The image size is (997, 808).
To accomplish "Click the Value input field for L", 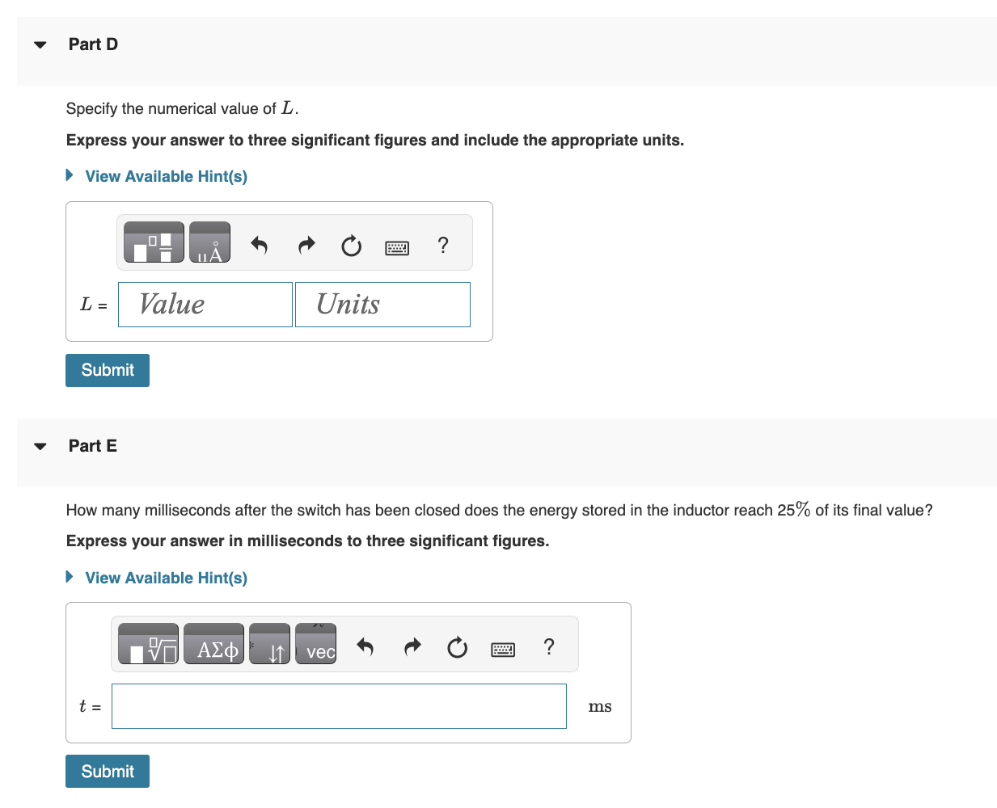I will click(205, 305).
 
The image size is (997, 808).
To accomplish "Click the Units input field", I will click(382, 305).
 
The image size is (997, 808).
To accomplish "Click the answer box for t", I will click(339, 706).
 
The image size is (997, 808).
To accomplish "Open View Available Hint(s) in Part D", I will click(166, 176).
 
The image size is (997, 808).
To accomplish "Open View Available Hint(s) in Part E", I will click(166, 578).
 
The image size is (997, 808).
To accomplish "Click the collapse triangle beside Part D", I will click(40, 44).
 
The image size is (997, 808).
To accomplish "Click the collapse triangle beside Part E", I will click(40, 446).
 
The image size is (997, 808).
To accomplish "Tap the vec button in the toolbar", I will click(315, 646).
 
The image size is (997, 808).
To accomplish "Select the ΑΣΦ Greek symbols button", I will click(213, 646).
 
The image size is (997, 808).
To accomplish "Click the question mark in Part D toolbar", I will click(442, 245).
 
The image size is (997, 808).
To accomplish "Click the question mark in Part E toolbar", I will click(549, 646).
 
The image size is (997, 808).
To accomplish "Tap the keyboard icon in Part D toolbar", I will click(397, 247).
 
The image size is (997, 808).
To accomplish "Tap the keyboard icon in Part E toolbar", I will click(503, 649).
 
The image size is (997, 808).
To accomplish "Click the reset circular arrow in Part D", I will click(351, 246).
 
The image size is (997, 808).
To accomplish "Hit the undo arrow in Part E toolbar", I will click(365, 646).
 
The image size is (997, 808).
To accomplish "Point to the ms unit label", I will click(600, 707).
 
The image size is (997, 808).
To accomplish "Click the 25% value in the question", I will click(793, 510).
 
